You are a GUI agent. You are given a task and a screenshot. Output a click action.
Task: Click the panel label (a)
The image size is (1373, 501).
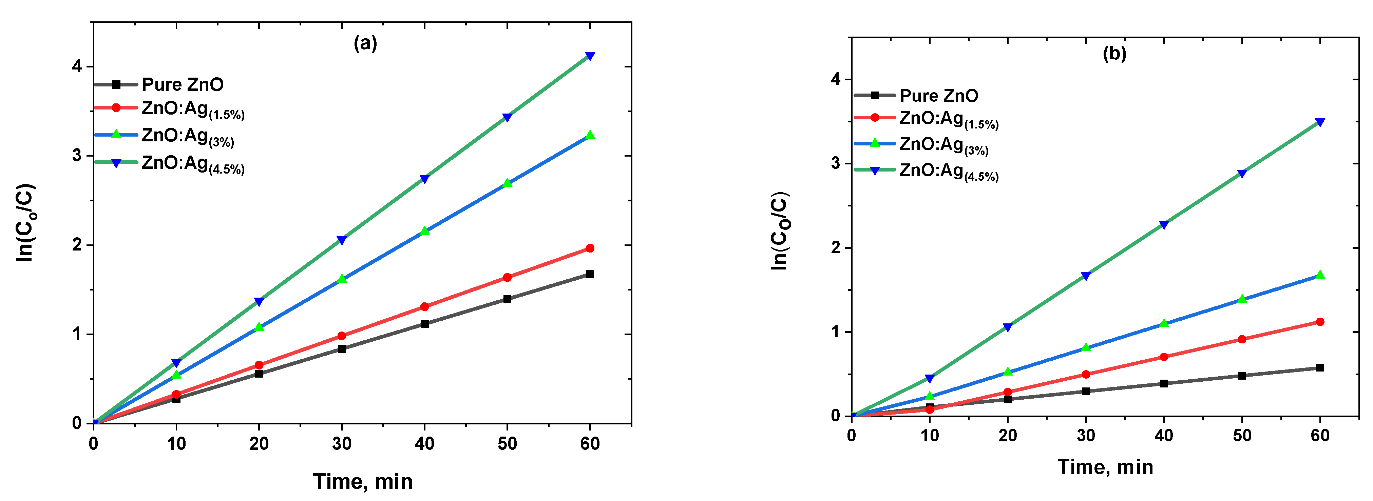point(365,43)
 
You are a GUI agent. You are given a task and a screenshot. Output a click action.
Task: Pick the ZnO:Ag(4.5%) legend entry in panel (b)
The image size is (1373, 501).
point(948,172)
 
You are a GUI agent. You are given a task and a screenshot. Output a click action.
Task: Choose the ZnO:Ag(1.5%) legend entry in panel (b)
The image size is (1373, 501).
point(948,119)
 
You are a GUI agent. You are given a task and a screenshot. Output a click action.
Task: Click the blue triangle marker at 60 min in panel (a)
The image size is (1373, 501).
point(590,56)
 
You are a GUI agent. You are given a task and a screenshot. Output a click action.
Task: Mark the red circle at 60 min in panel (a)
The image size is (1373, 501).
point(590,248)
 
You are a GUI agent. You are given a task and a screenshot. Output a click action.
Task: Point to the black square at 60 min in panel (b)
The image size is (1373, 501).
point(1320,368)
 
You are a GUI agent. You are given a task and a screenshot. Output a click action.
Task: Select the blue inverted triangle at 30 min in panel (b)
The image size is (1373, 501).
point(1085,276)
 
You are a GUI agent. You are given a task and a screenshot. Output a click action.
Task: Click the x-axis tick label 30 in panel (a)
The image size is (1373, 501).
point(342,443)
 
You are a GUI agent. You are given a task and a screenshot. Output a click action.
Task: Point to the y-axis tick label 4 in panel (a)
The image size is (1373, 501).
point(78,66)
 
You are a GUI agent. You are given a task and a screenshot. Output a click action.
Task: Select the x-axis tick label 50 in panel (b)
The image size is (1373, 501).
point(1241,436)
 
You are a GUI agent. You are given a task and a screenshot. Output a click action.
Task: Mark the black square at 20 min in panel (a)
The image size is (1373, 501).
point(259,374)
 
